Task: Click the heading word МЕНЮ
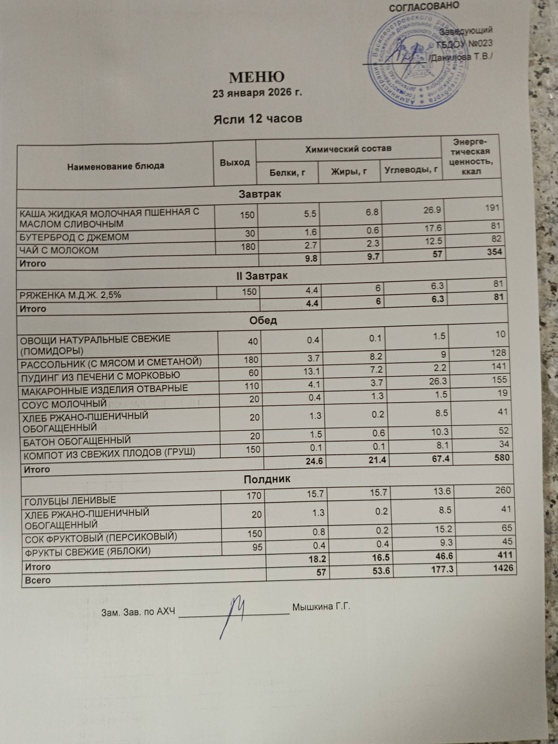point(257,77)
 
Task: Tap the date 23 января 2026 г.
point(257,93)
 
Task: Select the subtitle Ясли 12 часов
point(257,119)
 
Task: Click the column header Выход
point(235,163)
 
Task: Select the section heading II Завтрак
point(262,276)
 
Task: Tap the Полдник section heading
point(267,479)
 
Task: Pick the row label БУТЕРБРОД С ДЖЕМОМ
point(74,237)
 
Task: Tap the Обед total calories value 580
point(502,457)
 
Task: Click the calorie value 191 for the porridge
point(492,208)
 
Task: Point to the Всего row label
point(38,580)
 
